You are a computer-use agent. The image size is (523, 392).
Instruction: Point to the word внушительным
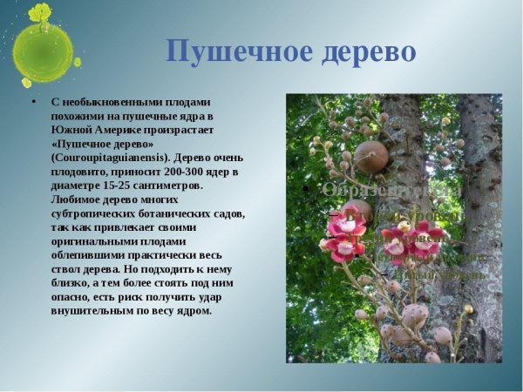[x=92, y=311]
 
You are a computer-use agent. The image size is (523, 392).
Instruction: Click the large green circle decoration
[x=43, y=52]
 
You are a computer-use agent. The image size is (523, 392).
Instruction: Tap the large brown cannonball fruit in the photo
[x=372, y=157]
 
